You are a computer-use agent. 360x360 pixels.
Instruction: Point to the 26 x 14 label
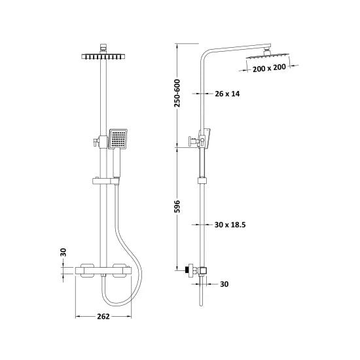[228, 94]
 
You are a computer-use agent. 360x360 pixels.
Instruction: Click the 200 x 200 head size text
[270, 67]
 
